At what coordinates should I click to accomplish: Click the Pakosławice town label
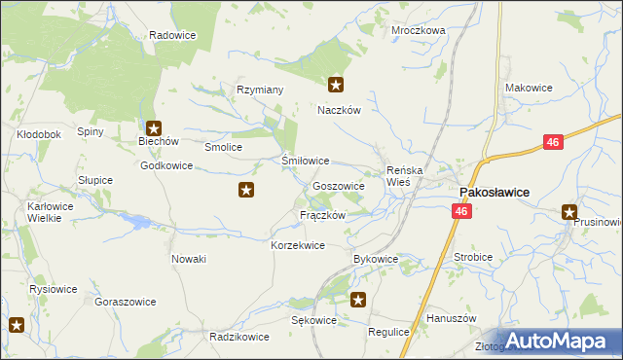click(494, 193)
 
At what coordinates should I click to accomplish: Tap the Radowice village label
click(173, 35)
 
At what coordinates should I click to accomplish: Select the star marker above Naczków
click(336, 86)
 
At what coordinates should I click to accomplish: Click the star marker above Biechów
click(154, 127)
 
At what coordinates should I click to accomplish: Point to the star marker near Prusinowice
click(569, 212)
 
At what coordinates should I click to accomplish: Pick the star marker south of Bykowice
click(358, 301)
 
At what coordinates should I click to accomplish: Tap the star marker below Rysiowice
click(17, 325)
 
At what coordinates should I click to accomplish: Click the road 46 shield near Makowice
click(553, 143)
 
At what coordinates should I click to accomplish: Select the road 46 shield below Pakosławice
click(461, 210)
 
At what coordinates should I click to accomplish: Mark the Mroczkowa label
click(418, 30)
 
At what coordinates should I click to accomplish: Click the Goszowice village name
click(339, 185)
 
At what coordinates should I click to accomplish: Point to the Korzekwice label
click(297, 245)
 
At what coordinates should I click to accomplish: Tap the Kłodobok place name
click(39, 133)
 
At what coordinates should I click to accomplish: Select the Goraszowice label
click(126, 302)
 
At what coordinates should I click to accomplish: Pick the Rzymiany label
click(260, 90)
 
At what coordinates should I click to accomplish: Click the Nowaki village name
click(189, 258)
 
